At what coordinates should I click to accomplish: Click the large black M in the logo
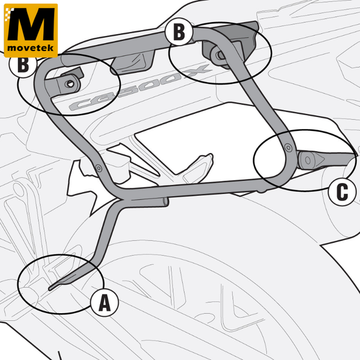[x=31, y=24]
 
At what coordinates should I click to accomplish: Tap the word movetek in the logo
[x=31, y=48]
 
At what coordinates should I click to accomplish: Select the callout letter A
[x=104, y=302]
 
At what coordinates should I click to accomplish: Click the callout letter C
[x=342, y=192]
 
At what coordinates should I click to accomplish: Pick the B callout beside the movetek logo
[x=23, y=65]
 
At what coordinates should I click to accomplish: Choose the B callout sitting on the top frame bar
[x=179, y=32]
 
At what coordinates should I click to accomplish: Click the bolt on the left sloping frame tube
[x=99, y=168]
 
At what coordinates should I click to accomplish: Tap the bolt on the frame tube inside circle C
[x=289, y=148]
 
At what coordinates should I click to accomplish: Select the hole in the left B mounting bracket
[x=70, y=84]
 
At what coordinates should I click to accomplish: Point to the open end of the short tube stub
[x=166, y=202]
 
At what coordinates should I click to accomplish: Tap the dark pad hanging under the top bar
[x=133, y=62]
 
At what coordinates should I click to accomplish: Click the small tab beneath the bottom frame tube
[x=262, y=190]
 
